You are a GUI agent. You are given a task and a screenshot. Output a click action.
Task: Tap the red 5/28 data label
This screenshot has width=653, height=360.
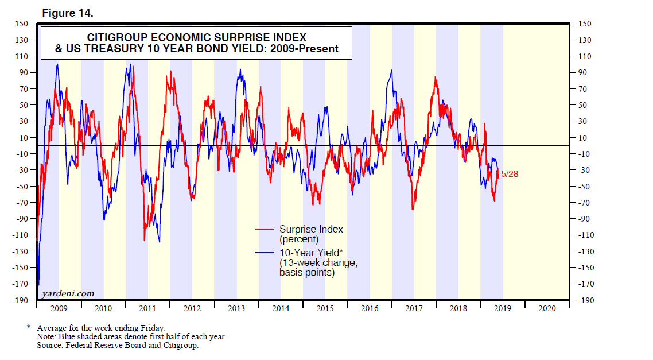[510, 174]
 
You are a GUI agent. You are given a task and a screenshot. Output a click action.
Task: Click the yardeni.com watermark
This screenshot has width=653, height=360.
[68, 293]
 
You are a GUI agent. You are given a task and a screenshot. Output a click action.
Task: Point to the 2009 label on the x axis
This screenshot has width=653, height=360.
[59, 308]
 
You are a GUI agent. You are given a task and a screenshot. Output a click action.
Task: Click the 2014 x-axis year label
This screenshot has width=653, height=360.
[281, 308]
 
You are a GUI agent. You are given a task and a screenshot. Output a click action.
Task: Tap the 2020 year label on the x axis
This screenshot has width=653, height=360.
[547, 308]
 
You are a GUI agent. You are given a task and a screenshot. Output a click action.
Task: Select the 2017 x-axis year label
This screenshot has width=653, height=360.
[414, 308]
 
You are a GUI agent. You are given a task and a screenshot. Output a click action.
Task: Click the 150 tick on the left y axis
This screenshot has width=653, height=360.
[22, 24]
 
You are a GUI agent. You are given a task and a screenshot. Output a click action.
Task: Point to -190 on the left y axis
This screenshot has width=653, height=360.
[20, 300]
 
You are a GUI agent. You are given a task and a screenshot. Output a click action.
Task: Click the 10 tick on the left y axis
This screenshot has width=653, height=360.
[24, 137]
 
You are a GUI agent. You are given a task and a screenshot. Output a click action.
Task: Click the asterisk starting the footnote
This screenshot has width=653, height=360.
[29, 327]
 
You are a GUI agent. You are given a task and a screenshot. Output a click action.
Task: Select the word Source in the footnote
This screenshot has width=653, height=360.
[49, 346]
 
